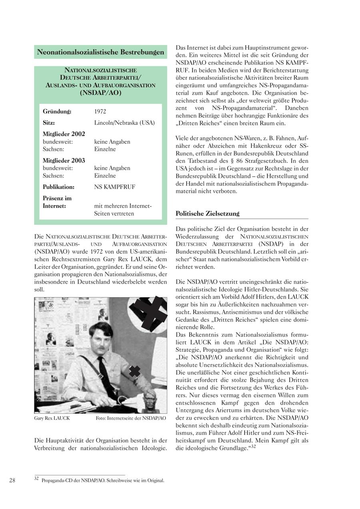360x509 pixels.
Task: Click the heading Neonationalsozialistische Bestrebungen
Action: point(100,52)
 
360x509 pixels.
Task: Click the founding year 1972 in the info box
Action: point(100,111)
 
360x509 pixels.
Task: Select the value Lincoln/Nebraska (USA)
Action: point(124,122)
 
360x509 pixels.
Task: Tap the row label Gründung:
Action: point(57,111)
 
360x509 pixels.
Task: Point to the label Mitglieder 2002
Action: point(64,134)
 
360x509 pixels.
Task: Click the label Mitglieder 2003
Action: point(64,160)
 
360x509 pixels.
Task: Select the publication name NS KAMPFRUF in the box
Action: point(114,187)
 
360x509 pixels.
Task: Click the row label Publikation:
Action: point(58,187)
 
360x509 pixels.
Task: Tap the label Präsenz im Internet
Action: point(57,202)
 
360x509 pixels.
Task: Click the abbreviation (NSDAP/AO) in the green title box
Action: point(100,93)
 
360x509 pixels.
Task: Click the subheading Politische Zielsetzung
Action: point(207,214)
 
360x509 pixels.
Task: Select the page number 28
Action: point(12,480)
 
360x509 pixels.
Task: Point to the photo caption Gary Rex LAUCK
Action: point(52,418)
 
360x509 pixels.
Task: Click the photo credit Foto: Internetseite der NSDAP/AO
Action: point(131,418)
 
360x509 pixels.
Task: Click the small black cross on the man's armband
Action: point(135,372)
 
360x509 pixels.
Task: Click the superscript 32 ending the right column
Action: point(253,446)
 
